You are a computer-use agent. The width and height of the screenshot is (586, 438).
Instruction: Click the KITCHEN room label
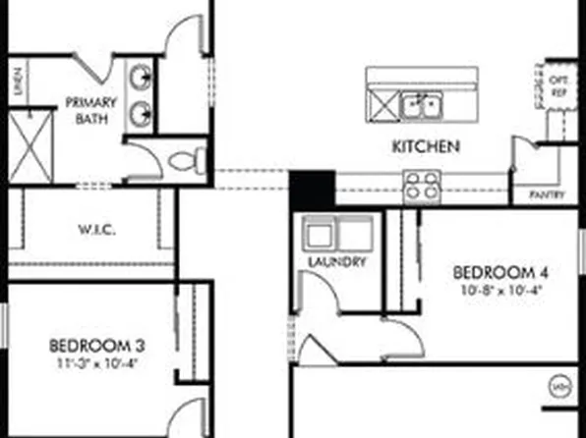(x=426, y=146)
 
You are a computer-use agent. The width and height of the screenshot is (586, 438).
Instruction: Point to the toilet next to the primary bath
(x=183, y=158)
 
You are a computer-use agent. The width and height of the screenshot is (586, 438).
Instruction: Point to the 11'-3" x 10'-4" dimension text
(x=97, y=361)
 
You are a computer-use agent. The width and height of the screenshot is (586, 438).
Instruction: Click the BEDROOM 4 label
(x=499, y=272)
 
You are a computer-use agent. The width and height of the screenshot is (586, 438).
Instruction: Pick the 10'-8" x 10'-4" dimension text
(x=499, y=290)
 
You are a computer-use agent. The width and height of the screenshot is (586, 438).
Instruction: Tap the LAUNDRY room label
(x=337, y=262)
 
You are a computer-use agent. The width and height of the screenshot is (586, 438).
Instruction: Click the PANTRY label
(x=546, y=194)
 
